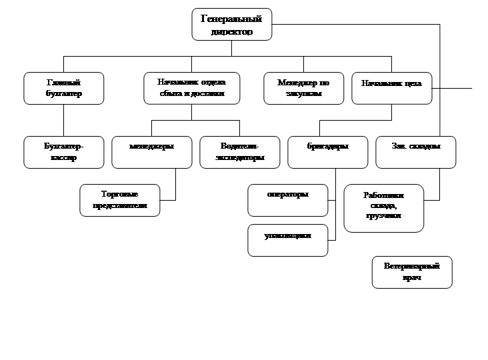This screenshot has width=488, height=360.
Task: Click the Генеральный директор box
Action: tap(232, 25)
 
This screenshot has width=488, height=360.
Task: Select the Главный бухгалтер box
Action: tap(64, 88)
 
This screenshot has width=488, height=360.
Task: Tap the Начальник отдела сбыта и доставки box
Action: tap(191, 88)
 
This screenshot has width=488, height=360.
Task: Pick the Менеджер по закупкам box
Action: tap(303, 88)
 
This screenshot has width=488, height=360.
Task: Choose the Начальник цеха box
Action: tap(391, 88)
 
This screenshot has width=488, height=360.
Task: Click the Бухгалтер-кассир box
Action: tap(64, 152)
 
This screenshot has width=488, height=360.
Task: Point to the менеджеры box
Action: tap(152, 152)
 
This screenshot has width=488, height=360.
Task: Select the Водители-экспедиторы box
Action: tap(240, 152)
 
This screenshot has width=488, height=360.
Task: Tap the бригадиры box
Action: tap(328, 152)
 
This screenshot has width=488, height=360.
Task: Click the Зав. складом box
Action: tap(416, 152)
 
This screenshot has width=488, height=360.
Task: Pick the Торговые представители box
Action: tap(120, 200)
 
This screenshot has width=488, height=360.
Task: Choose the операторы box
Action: tap(288, 200)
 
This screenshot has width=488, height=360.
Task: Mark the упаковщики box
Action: tap(288, 240)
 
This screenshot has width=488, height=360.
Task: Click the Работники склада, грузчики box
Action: tap(384, 208)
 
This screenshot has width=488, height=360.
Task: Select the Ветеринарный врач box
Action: tap(412, 272)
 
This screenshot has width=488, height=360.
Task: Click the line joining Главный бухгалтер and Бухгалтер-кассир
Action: tap(64, 121)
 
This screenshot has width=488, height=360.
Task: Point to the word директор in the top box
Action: tap(231, 31)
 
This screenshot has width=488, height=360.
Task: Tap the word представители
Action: tap(120, 207)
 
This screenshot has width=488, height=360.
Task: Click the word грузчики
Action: tap(383, 217)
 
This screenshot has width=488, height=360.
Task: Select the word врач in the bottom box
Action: tap(411, 277)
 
